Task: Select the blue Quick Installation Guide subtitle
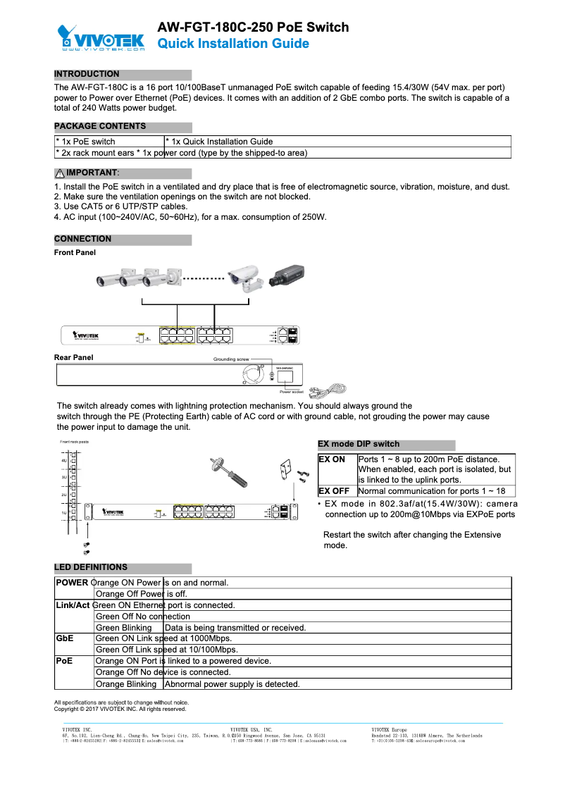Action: pyautogui.click(x=232, y=44)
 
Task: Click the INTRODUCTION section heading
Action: pyautogui.click(x=87, y=74)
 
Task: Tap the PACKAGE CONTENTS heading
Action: pyautogui.click(x=100, y=126)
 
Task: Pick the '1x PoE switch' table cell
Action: pyautogui.click(x=85, y=142)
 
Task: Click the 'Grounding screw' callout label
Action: pyautogui.click(x=231, y=359)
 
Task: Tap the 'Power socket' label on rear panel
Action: pyautogui.click(x=291, y=392)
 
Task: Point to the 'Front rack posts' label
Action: pyautogui.click(x=74, y=442)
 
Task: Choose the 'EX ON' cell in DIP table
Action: pyautogui.click(x=332, y=459)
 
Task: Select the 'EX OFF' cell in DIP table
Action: pyautogui.click(x=334, y=491)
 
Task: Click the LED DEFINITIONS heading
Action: pyautogui.click(x=91, y=567)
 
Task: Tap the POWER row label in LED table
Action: pyautogui.click(x=71, y=583)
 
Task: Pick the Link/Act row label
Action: pyautogui.click(x=73, y=605)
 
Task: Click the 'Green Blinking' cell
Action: pyautogui.click(x=123, y=628)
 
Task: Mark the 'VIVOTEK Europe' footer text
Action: pyautogui.click(x=389, y=729)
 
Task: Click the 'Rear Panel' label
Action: pyautogui.click(x=73, y=358)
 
